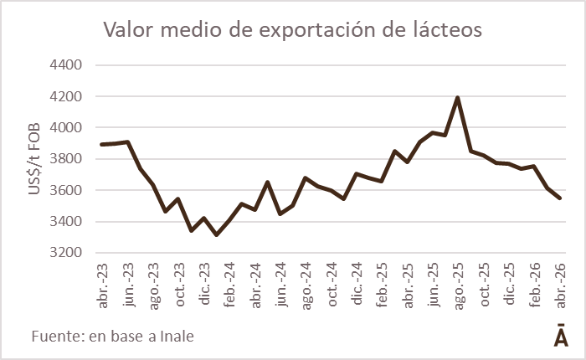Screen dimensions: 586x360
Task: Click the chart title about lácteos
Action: pos(293,29)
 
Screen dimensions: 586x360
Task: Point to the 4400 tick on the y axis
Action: pos(66,65)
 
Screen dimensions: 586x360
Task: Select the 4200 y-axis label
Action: pos(66,96)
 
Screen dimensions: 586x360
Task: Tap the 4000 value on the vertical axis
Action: pos(66,127)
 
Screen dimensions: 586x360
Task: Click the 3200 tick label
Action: pos(66,252)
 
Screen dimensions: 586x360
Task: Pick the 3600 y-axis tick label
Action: pos(66,190)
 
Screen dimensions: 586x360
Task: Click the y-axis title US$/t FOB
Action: pos(34,158)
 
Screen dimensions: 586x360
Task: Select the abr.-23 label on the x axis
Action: pos(102,286)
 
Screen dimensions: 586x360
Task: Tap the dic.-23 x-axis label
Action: pos(204,284)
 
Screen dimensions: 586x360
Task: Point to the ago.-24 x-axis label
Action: pos(306,286)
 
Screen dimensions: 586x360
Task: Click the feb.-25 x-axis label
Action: pos(383,285)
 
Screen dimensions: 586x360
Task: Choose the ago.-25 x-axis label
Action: pos(459,286)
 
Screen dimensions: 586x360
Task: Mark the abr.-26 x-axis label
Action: pos(561,286)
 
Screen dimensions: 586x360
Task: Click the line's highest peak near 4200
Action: pos(457,98)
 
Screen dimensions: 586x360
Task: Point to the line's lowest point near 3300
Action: pos(216,234)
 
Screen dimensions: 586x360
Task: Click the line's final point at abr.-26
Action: pos(560,198)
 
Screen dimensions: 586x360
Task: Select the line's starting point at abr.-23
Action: pos(101,144)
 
